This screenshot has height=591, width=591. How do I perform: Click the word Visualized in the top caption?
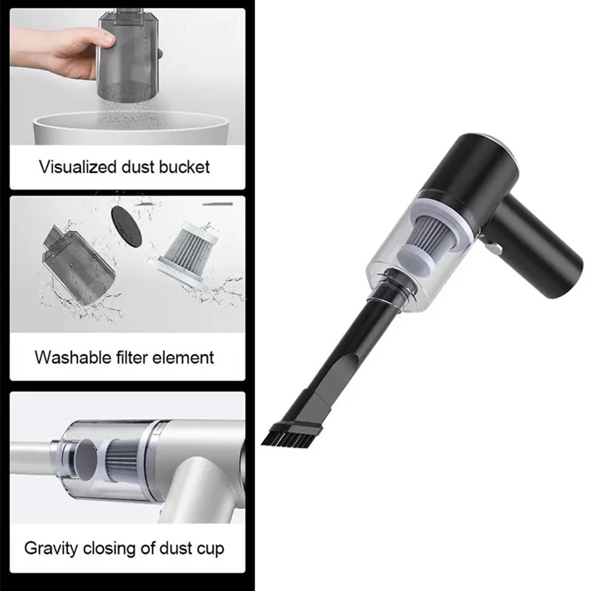(77, 167)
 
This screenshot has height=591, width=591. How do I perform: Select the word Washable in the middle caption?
(73, 358)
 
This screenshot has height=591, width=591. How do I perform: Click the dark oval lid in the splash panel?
(127, 227)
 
